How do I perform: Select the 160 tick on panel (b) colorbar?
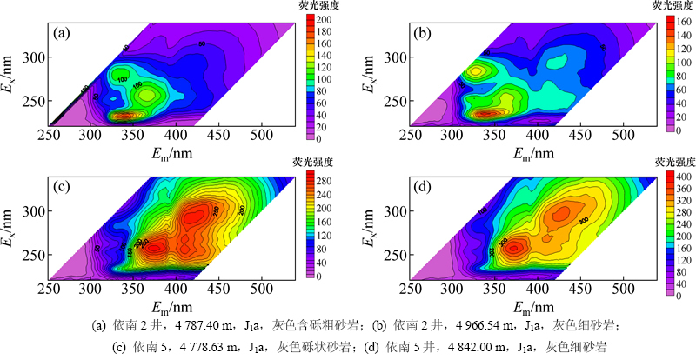click(678, 18)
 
